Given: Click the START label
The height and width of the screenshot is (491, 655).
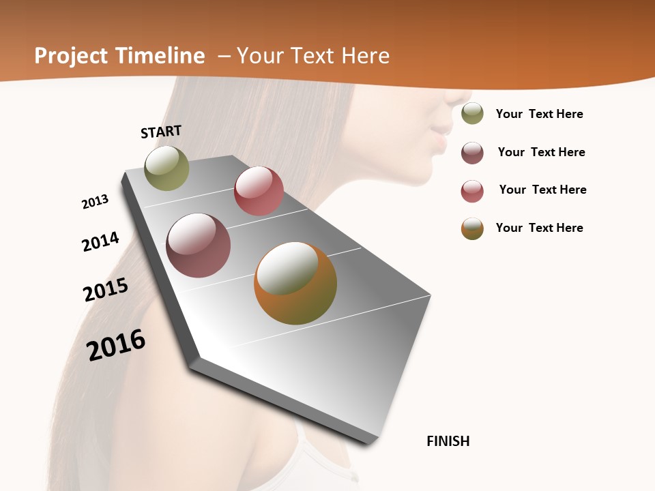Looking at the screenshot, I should click(x=161, y=132).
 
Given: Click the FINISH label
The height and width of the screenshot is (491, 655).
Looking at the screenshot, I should click(x=448, y=441).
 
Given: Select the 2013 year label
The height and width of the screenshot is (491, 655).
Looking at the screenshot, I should click(x=96, y=201).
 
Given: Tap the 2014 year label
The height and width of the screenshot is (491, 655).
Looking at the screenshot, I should click(x=101, y=241).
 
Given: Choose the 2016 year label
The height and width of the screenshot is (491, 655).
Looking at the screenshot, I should click(x=116, y=344).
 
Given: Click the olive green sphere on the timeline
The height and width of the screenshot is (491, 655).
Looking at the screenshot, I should click(x=166, y=168).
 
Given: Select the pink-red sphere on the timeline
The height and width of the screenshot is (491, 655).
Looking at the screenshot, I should click(x=259, y=191).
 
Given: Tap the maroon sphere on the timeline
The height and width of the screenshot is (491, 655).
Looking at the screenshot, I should click(x=199, y=245).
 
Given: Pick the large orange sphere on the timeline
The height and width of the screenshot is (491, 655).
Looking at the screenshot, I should click(x=295, y=283).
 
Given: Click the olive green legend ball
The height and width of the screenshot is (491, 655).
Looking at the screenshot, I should click(x=472, y=113).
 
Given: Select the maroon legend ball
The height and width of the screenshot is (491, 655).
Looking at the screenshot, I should click(x=472, y=153).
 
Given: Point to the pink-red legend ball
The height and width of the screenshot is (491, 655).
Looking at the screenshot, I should click(x=472, y=191).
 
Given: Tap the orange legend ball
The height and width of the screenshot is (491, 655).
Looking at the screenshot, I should click(x=472, y=228).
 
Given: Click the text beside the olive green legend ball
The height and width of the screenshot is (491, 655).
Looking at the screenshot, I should click(x=540, y=114).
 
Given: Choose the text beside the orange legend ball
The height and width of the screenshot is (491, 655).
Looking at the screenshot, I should click(x=540, y=228).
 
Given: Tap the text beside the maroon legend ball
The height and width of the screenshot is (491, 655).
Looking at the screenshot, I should click(x=542, y=152).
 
